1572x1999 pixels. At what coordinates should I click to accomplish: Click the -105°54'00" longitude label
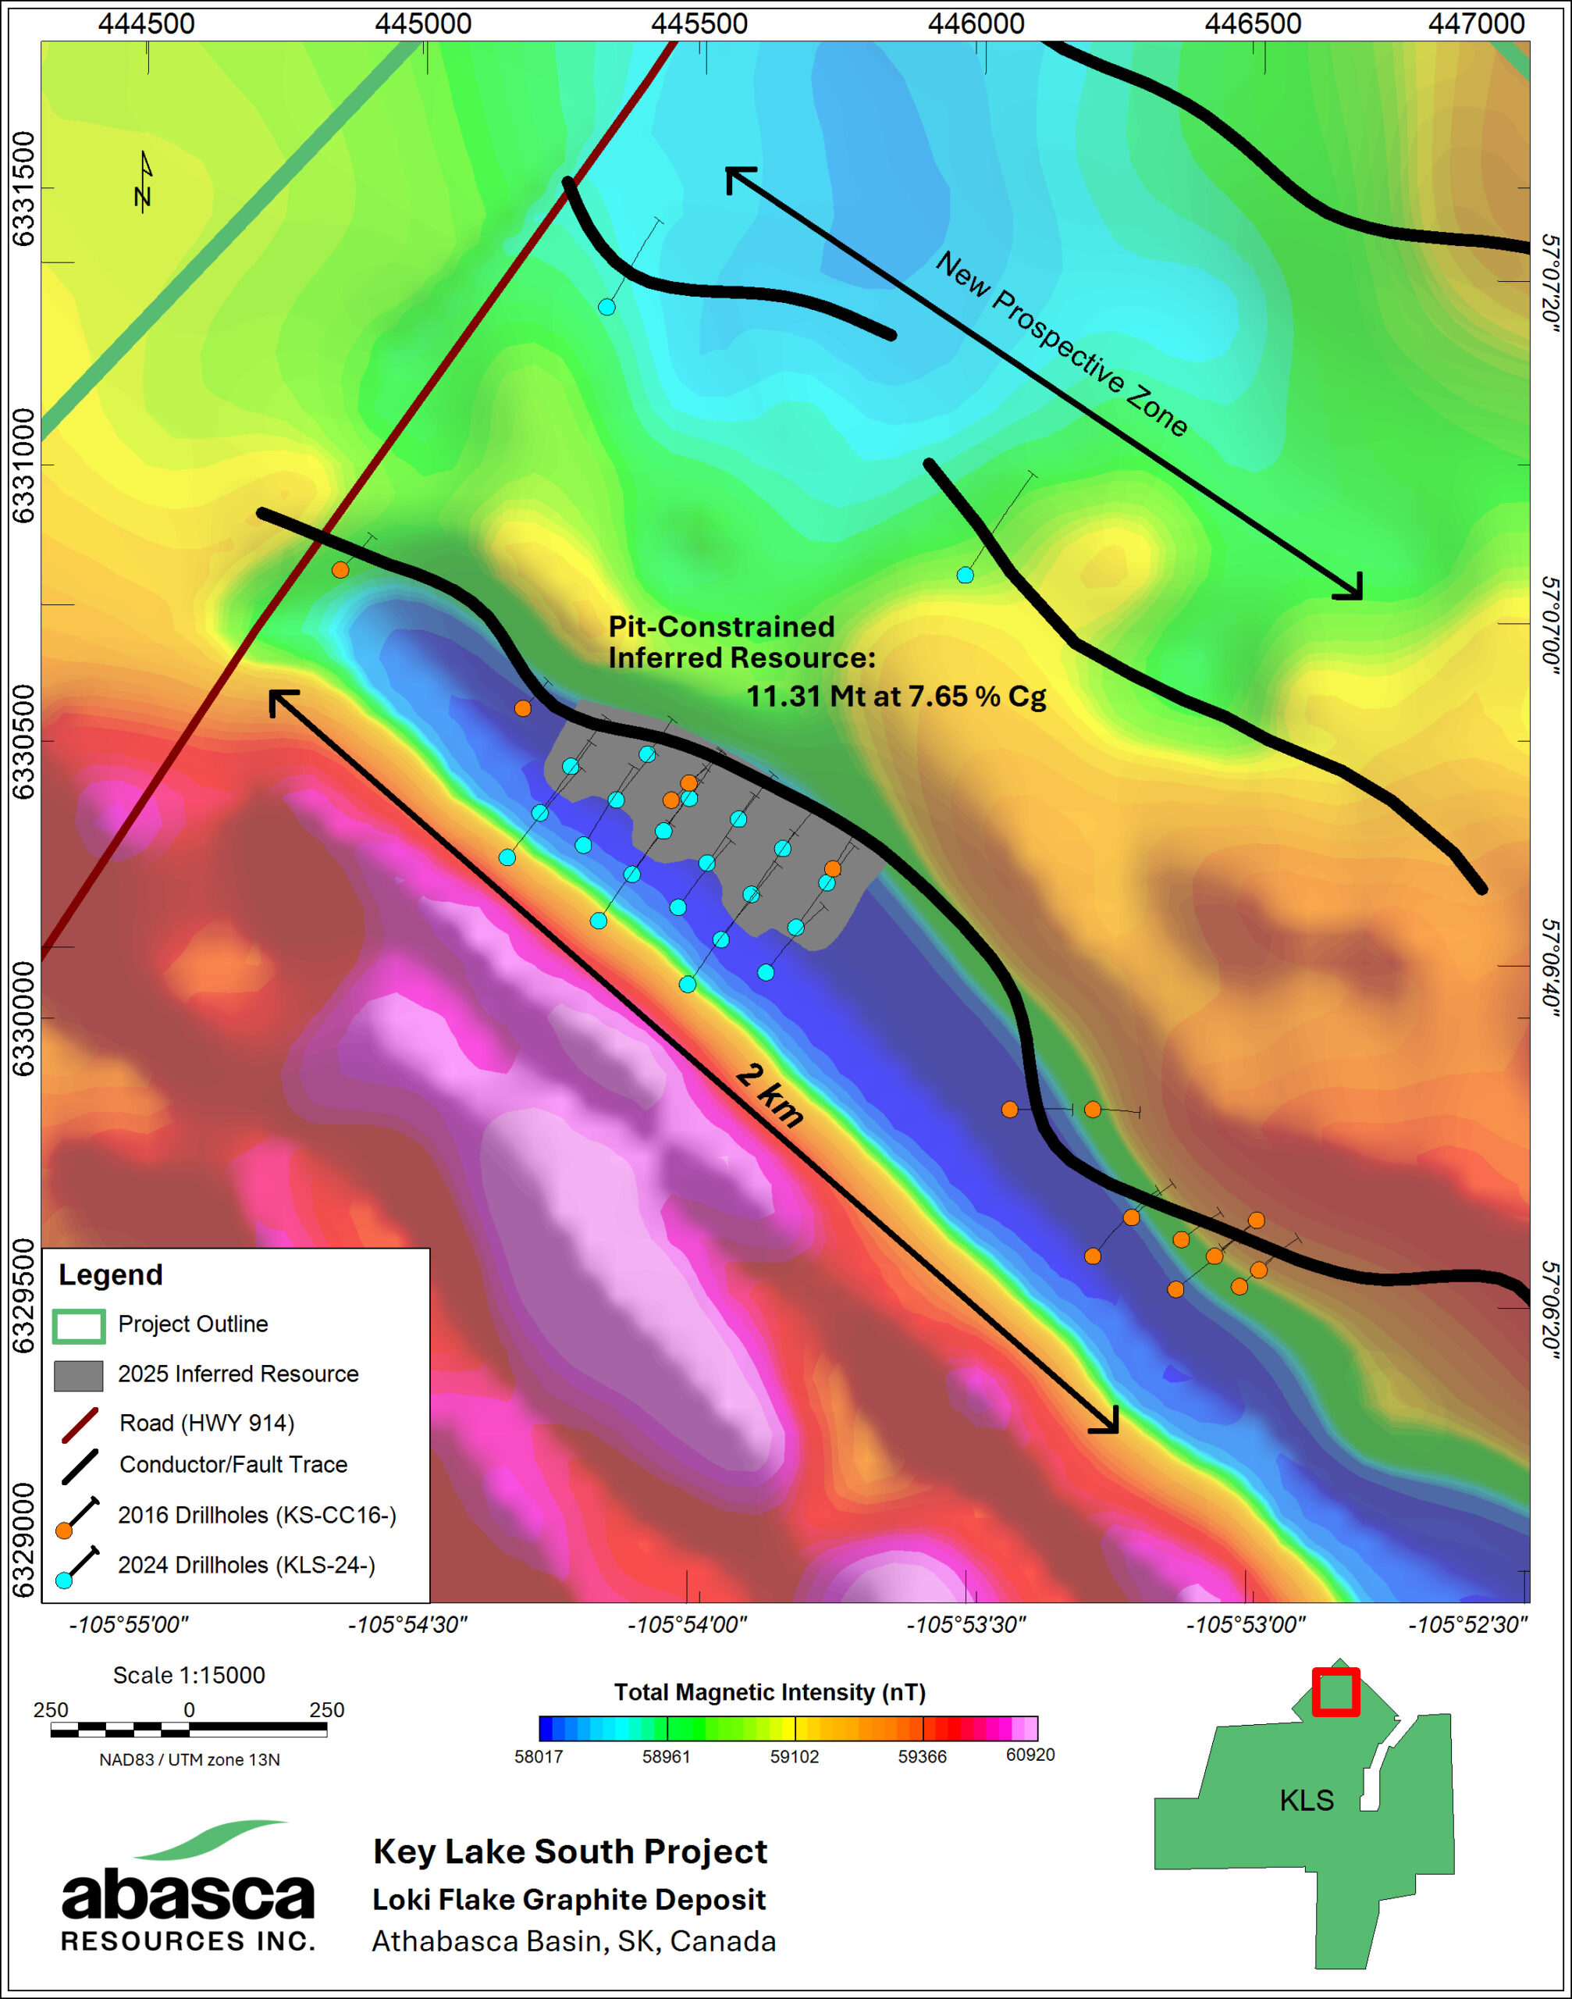tap(687, 1624)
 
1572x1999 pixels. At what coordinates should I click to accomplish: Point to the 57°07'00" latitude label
tap(1550, 625)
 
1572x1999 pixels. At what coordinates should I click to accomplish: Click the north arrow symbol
tap(144, 181)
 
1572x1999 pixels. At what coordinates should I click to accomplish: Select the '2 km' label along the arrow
tap(770, 1095)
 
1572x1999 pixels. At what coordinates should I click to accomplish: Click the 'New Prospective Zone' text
tap(1062, 344)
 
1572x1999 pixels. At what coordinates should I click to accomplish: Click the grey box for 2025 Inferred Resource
tap(78, 1376)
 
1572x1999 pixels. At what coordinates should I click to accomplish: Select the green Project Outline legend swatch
tap(78, 1326)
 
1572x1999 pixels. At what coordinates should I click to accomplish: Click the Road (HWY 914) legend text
tap(206, 1423)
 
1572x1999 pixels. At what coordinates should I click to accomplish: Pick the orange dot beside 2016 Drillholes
tap(63, 1530)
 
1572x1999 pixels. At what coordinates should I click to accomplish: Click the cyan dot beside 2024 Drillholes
tap(63, 1580)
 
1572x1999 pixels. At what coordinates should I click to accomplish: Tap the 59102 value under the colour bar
tap(795, 1756)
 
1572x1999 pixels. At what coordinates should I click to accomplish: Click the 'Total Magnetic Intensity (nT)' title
tap(770, 1692)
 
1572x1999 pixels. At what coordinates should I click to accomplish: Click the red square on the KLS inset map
tap(1335, 1691)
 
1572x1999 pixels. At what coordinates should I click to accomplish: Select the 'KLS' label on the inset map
tap(1306, 1800)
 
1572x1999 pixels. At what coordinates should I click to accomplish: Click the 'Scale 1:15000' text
tap(189, 1675)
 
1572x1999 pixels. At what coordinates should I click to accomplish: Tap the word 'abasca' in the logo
tap(188, 1896)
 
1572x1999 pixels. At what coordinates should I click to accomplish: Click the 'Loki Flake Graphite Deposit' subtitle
tap(569, 1900)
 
